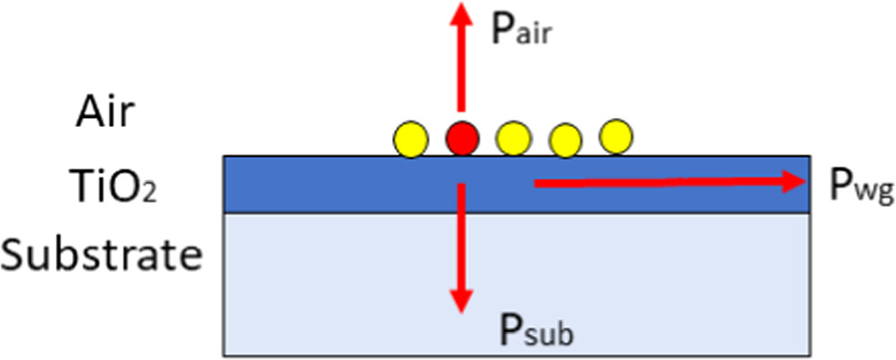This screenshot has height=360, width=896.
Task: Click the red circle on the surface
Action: click(462, 138)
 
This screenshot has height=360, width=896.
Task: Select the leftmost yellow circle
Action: click(409, 139)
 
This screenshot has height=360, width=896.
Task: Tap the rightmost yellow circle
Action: click(617, 136)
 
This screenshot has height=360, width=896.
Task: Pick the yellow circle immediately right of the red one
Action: click(514, 139)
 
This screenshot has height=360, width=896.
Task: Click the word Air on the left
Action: click(106, 114)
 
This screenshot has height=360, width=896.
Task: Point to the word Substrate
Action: click(100, 256)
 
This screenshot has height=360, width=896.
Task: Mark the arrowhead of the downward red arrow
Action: click(461, 301)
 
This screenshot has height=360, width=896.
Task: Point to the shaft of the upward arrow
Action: click(461, 72)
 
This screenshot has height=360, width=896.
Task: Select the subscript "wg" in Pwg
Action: click(871, 193)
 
